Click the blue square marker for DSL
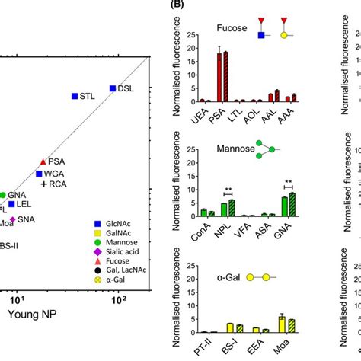click(113, 88)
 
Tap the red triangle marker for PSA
click(43, 162)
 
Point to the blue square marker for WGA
click(39, 174)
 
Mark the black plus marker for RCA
click(45, 185)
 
